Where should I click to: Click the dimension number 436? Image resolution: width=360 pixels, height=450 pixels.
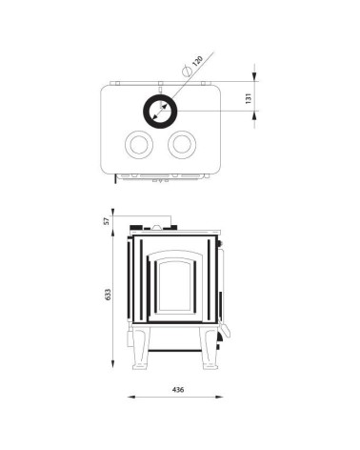(178, 389)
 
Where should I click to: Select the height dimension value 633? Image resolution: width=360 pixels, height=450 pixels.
(108, 295)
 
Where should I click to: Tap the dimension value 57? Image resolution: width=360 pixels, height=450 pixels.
(107, 220)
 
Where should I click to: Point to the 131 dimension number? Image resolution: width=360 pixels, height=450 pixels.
(249, 98)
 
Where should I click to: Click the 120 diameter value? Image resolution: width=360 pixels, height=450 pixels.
(197, 61)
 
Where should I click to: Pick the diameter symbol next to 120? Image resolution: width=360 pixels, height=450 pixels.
(187, 71)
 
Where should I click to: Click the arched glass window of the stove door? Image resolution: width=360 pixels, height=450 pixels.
(175, 284)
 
